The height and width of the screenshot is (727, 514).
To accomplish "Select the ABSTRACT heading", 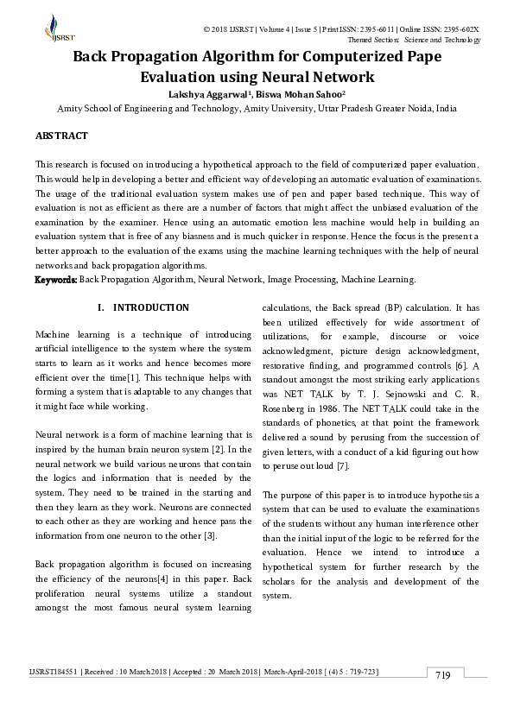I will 60,136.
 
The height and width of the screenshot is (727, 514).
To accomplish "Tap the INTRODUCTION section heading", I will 151,307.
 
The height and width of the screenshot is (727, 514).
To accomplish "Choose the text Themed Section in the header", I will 373,40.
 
